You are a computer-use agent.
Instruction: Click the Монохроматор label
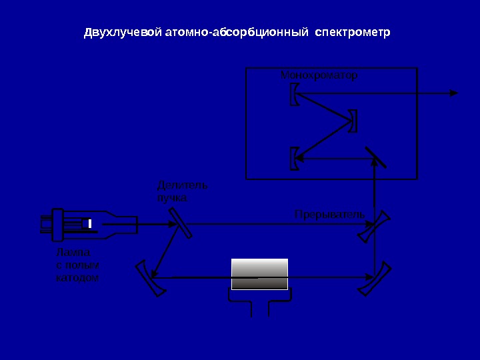[319, 76]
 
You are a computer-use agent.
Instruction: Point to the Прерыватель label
[329, 215]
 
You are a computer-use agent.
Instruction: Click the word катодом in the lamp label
[77, 277]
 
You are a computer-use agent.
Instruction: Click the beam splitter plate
[180, 223]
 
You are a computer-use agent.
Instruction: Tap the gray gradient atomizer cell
[259, 274]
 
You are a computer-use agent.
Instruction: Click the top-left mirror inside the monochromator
[295, 94]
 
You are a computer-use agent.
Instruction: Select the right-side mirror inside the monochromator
[353, 121]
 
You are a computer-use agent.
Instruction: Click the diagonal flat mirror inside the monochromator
[375, 157]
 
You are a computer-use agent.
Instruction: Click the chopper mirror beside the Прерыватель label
[376, 227]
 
